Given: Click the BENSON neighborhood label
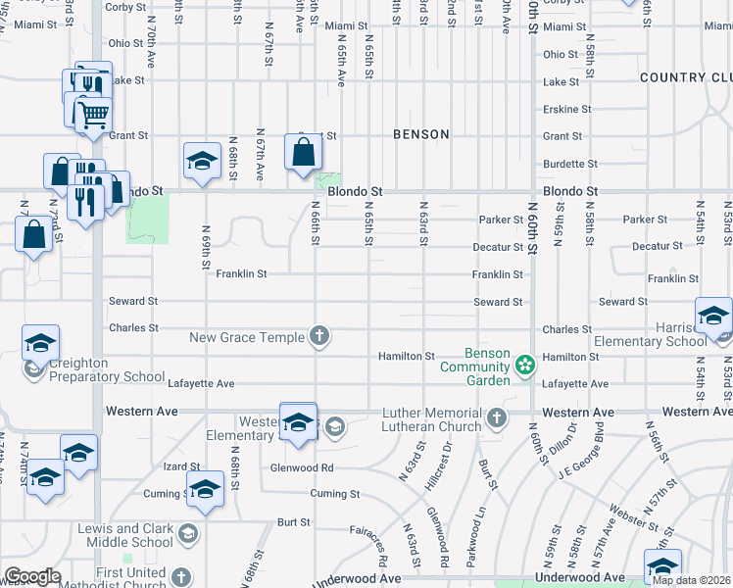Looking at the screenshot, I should [421, 134].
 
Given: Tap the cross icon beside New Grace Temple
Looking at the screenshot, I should [318, 337].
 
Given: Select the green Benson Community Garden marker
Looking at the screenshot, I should [525, 367].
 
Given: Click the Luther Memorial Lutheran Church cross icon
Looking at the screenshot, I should [497, 418].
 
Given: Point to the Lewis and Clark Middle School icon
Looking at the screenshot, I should [188, 534].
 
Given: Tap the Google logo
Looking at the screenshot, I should [32, 576].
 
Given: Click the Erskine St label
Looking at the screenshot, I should [566, 109].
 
